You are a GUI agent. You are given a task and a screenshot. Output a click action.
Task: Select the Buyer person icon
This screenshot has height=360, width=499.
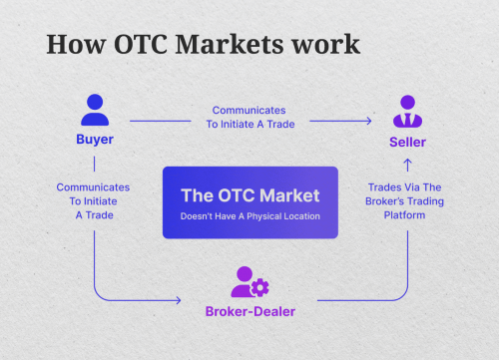(x=95, y=109)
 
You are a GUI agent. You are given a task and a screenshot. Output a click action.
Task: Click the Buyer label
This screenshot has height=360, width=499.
(x=95, y=140)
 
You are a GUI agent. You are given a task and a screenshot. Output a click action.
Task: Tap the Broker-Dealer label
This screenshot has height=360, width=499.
(x=249, y=313)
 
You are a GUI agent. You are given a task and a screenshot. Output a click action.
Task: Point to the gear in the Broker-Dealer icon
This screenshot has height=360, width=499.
(x=260, y=288)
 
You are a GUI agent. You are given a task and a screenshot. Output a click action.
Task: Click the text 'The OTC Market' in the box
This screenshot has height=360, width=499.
(x=249, y=195)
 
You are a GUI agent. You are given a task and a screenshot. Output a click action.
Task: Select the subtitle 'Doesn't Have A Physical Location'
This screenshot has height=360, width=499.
(x=249, y=216)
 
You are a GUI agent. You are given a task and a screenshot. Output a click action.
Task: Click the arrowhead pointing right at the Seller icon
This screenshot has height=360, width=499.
(x=369, y=122)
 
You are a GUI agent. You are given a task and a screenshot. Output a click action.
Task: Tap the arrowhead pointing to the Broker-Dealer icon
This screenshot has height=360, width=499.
(x=181, y=299)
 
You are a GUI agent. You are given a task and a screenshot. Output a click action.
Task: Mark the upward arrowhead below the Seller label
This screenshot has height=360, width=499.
(x=407, y=162)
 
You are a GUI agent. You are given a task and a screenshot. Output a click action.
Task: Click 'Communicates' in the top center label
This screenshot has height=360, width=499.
(x=249, y=111)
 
